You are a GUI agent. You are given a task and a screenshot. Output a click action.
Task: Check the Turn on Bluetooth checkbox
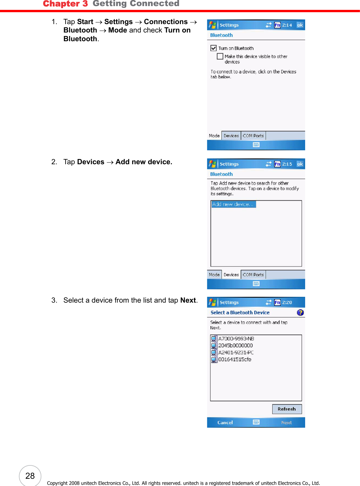(x=214, y=48)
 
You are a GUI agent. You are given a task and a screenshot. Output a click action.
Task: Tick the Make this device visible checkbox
(x=220, y=56)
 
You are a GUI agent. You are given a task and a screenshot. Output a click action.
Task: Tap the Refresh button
(x=287, y=409)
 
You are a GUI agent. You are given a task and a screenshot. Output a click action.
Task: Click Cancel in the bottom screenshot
(x=225, y=422)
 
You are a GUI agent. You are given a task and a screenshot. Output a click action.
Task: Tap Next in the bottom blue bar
(x=286, y=422)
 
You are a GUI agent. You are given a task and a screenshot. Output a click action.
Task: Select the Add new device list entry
(x=233, y=204)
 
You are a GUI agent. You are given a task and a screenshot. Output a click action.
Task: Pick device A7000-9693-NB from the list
(x=236, y=339)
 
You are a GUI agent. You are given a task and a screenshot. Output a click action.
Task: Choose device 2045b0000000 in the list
(x=235, y=346)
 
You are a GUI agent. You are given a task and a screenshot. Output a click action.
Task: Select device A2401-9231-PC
(x=236, y=353)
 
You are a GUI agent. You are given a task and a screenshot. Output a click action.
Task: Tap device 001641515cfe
(x=235, y=359)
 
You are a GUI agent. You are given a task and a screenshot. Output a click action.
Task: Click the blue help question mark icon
(x=300, y=312)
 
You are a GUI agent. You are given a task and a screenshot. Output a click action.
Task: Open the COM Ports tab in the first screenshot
(x=253, y=136)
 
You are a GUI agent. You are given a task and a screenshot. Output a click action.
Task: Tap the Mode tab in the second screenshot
(x=214, y=275)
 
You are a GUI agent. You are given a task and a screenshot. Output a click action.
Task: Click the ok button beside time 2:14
(x=300, y=25)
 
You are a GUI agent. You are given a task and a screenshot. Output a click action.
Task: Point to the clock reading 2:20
(x=287, y=302)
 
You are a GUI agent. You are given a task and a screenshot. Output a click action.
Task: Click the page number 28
(x=30, y=476)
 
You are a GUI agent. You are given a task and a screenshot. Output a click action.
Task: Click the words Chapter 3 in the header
(x=65, y=4)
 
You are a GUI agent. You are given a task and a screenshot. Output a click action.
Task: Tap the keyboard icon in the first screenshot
(x=256, y=145)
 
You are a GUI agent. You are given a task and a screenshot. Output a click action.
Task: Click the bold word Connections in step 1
(x=166, y=22)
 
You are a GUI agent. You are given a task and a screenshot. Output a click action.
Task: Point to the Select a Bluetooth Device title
(x=240, y=312)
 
